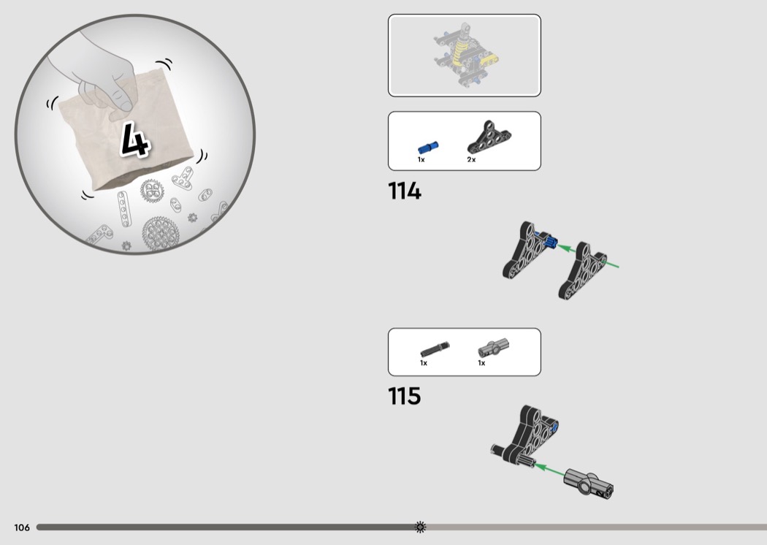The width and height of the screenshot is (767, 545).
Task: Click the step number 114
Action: pos(404,191)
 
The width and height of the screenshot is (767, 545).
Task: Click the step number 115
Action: pos(404,396)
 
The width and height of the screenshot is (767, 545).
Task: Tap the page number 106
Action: pos(22,527)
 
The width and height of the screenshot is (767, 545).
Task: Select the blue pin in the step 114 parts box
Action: pos(428,148)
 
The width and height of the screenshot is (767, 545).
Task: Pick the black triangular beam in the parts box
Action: pos(489,137)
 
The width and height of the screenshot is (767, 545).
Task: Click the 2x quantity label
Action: pos(471,159)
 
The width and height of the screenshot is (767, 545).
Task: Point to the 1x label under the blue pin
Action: pos(421,159)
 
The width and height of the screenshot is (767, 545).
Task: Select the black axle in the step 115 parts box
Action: pos(435,349)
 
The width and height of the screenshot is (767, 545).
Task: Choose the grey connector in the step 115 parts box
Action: pos(493,347)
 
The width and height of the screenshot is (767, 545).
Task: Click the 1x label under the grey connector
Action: pos(481,363)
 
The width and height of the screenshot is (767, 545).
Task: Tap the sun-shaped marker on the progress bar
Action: pos(420,527)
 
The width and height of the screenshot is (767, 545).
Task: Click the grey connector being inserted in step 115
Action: pos(589,484)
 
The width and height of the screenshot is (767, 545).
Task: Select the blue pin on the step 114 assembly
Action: pos(546,239)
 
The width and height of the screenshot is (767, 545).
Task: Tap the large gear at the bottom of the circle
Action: pos(160,233)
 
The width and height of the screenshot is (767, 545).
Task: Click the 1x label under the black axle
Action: pos(424,363)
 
